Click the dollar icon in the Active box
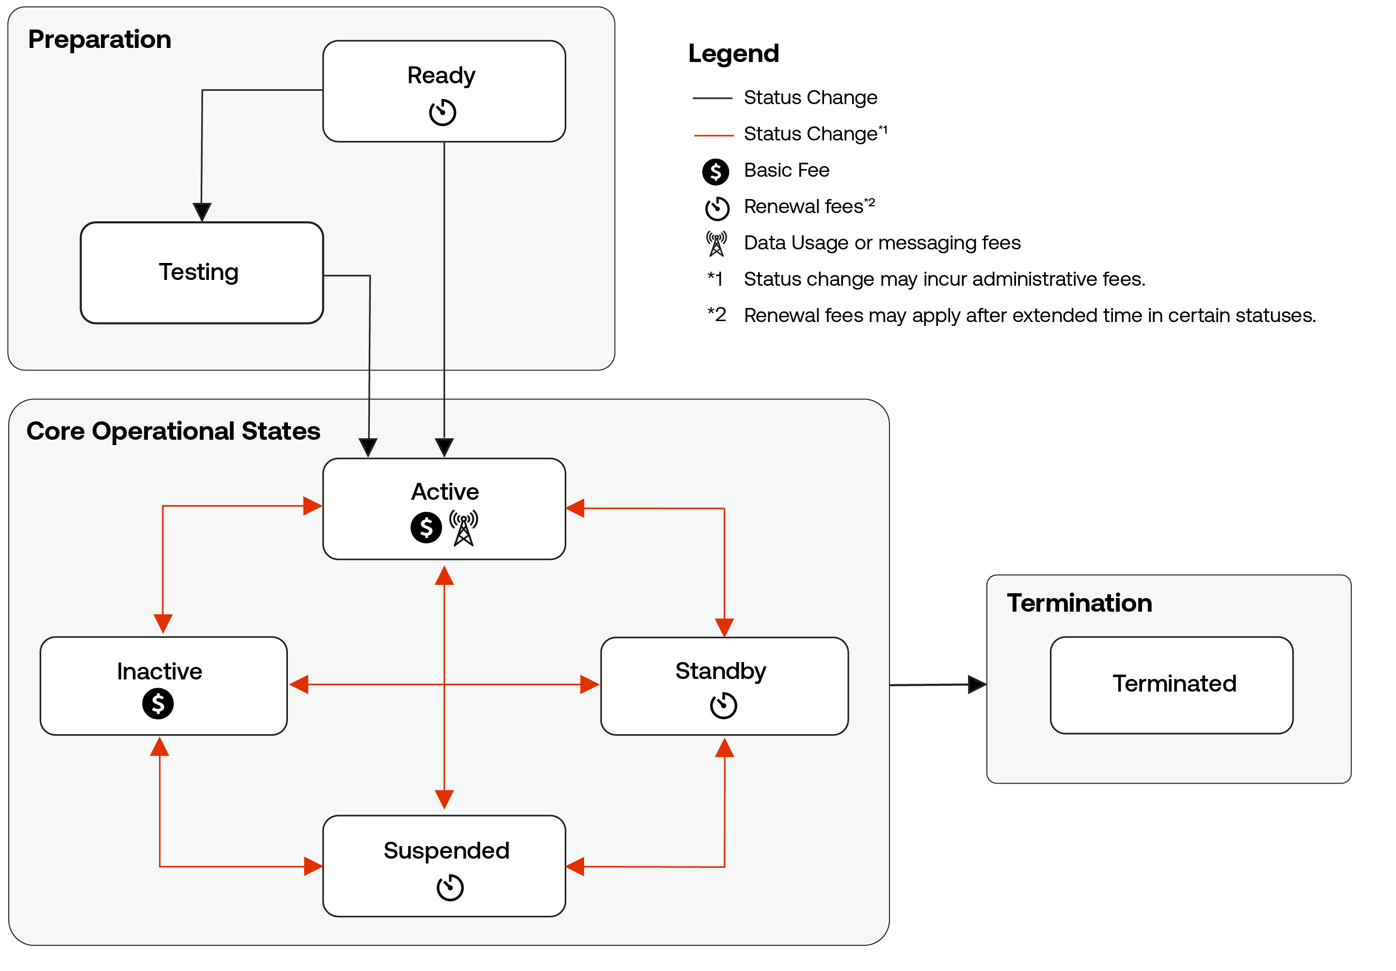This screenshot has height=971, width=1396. point(426,527)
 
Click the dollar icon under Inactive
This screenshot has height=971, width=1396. point(158,704)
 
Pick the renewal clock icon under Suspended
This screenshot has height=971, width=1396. point(449,887)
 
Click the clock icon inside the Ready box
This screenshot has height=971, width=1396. point(442,112)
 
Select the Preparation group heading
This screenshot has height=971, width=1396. point(100,40)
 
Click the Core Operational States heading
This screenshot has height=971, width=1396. point(173,431)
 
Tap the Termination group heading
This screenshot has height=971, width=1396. point(1079,603)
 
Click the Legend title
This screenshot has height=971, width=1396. point(733,53)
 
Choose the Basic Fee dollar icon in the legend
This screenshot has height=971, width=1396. point(715,172)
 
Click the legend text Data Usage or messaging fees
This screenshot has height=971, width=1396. point(882,243)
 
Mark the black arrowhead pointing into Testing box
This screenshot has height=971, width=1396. point(202,212)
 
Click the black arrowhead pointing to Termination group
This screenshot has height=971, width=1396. point(976,684)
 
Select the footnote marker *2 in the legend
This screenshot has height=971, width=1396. point(716,315)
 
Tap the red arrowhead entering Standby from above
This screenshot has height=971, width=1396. point(724,627)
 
